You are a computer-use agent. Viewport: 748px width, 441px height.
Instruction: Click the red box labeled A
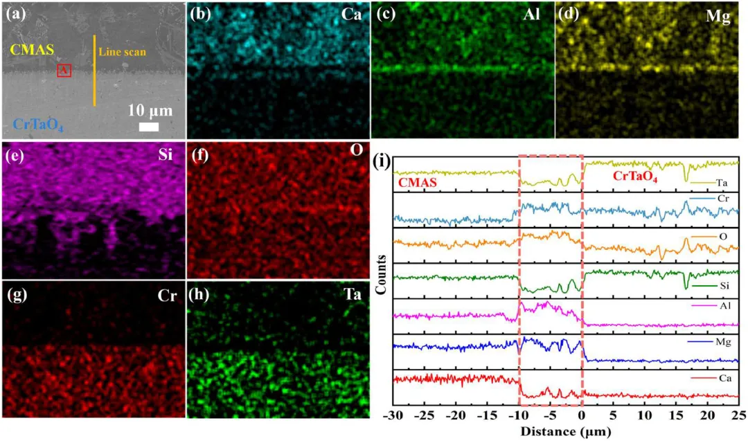tap(64, 70)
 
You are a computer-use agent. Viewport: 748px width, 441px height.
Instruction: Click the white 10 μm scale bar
tap(149, 127)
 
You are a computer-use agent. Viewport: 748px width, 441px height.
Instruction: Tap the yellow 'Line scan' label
tap(122, 52)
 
